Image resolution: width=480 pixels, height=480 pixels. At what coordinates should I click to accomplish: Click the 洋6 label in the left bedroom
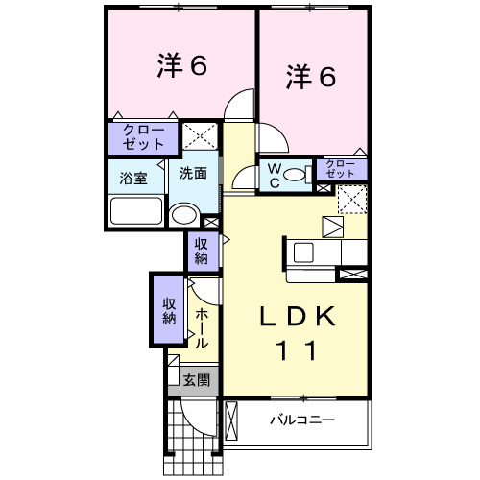[x=181, y=66]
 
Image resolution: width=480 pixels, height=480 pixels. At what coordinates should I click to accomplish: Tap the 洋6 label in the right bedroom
[x=310, y=77]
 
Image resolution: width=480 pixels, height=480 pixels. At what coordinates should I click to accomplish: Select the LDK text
[x=297, y=316]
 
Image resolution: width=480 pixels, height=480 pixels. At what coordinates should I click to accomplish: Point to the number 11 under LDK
[x=297, y=351]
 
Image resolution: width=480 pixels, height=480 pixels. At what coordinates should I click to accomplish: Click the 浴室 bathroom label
[x=132, y=178]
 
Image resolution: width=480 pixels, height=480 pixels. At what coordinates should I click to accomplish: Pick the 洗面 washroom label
[x=193, y=174]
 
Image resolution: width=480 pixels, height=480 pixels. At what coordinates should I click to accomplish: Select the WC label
[x=274, y=176]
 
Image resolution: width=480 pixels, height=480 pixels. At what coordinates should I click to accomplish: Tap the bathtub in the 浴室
[x=134, y=209]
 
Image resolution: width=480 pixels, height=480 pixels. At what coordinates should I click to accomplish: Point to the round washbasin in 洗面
[x=182, y=212]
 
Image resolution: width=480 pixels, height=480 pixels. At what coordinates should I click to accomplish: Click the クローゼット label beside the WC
[x=341, y=170]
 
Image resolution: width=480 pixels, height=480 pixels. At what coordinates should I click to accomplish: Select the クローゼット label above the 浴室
[x=143, y=138]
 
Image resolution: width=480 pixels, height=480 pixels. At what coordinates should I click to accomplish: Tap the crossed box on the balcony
[x=230, y=420]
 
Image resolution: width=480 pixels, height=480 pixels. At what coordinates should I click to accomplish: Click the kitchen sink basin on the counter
[x=305, y=252]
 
